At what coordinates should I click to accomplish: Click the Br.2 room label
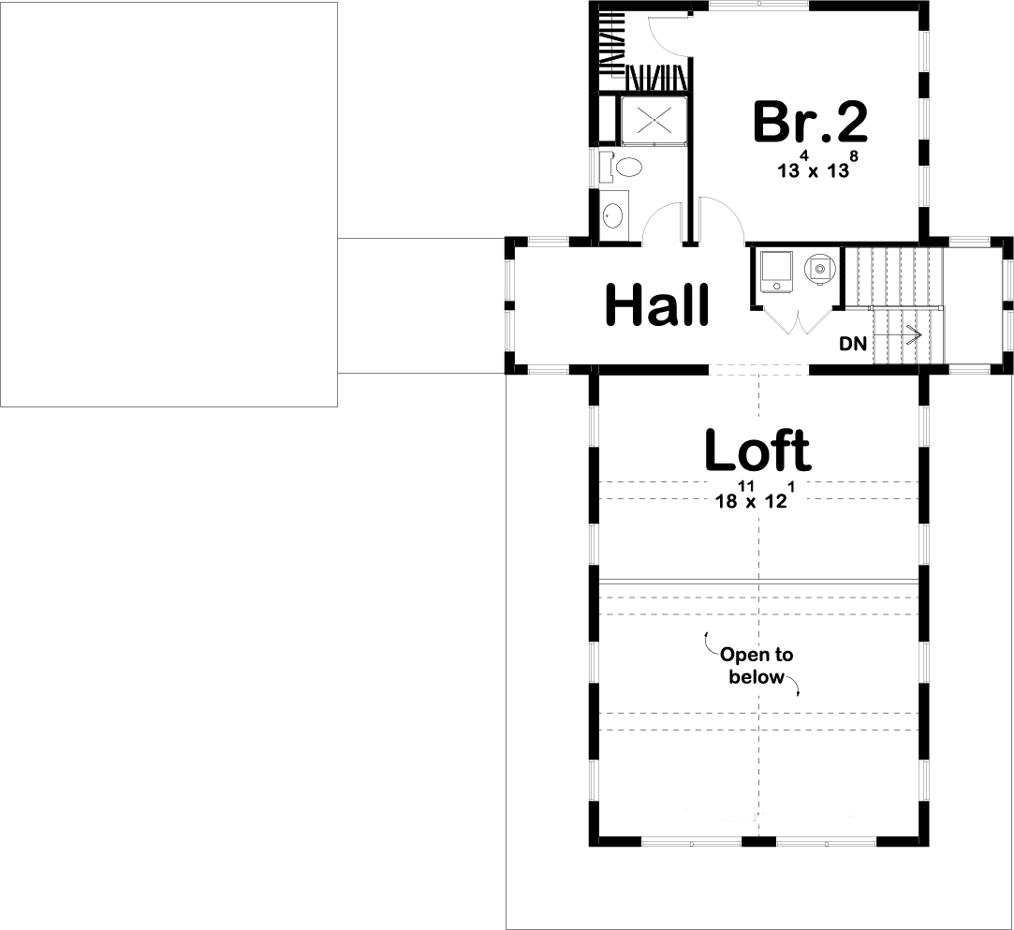point(811,124)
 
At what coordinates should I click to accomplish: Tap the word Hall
point(656,305)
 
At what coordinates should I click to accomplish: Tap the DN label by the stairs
point(852,344)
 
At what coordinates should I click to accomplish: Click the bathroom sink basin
point(613,216)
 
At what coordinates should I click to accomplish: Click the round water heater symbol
point(820,269)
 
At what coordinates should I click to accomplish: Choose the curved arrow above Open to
point(707,641)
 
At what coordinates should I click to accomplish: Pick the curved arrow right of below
point(796,689)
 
